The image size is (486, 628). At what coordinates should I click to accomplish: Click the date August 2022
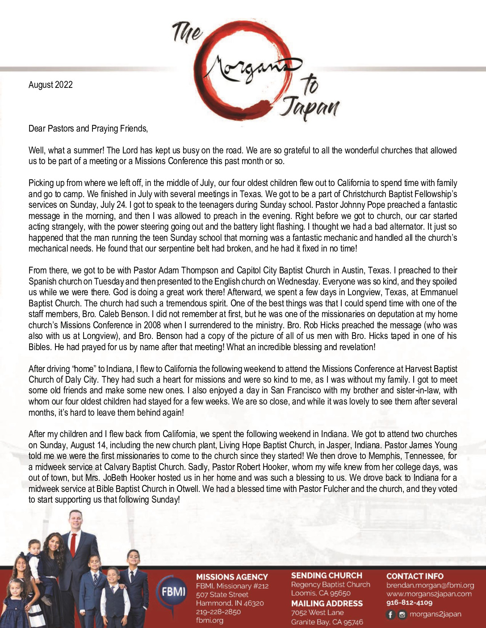[x=50, y=85]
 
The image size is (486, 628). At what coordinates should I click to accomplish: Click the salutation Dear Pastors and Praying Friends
[x=88, y=128]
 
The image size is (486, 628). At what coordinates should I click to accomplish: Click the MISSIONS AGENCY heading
[x=232, y=577]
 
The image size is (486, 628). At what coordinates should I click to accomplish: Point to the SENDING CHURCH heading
[x=327, y=575]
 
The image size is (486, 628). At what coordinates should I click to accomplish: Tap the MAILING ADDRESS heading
[x=327, y=603]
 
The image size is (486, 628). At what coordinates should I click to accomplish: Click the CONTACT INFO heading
[x=415, y=576]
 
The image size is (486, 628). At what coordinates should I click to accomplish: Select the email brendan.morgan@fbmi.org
[x=430, y=585]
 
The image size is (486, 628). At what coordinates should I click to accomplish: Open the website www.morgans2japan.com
[x=428, y=594]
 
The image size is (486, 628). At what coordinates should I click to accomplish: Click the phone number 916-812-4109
[x=409, y=603]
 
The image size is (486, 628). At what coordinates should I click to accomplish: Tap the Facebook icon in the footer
[x=390, y=615]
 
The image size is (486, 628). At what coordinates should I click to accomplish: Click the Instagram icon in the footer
[x=402, y=615]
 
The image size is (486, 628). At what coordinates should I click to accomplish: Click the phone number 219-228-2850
[x=218, y=611]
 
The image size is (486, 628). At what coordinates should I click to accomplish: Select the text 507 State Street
[x=222, y=595]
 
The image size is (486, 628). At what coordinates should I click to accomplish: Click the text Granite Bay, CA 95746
[x=327, y=622]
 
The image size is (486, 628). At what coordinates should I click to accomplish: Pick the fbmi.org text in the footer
[x=209, y=620]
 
